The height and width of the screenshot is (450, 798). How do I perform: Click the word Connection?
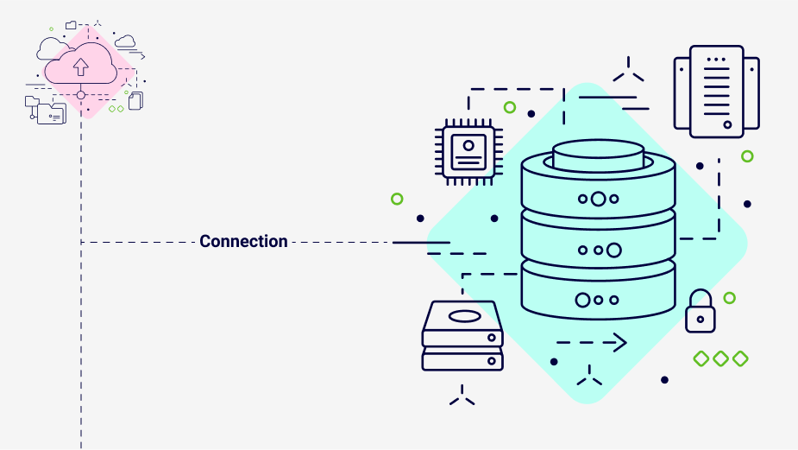tap(243, 242)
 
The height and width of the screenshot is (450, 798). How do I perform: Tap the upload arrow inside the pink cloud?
tap(80, 66)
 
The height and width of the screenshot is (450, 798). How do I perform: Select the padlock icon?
tap(700, 312)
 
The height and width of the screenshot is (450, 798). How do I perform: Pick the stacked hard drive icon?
tap(462, 336)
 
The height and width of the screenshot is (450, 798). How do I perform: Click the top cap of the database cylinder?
tap(598, 154)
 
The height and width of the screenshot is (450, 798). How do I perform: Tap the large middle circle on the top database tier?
tap(598, 199)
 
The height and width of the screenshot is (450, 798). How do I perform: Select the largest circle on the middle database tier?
tap(613, 250)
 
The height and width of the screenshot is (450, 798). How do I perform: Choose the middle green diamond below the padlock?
tap(720, 358)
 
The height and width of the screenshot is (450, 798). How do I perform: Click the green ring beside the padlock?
tap(729, 298)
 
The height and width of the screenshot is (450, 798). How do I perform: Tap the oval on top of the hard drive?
tap(463, 316)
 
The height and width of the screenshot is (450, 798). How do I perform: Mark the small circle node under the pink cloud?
tap(81, 95)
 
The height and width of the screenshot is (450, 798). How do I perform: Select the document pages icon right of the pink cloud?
tap(135, 101)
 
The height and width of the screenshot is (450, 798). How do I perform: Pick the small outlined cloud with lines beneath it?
tap(126, 41)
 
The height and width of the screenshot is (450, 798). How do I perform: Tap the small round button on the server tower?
tap(727, 124)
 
